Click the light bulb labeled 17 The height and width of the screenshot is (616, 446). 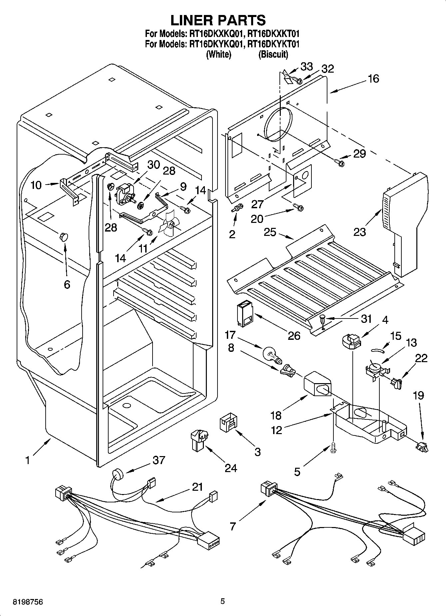click(x=271, y=354)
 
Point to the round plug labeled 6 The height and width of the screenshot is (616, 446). click(x=63, y=237)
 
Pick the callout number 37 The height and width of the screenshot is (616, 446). click(x=159, y=460)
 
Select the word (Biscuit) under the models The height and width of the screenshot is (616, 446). click(x=273, y=54)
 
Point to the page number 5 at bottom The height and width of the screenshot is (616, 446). click(x=223, y=601)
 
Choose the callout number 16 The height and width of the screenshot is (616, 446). click(x=373, y=79)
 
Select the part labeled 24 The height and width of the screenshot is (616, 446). click(x=199, y=440)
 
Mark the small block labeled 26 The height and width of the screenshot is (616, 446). click(x=244, y=314)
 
